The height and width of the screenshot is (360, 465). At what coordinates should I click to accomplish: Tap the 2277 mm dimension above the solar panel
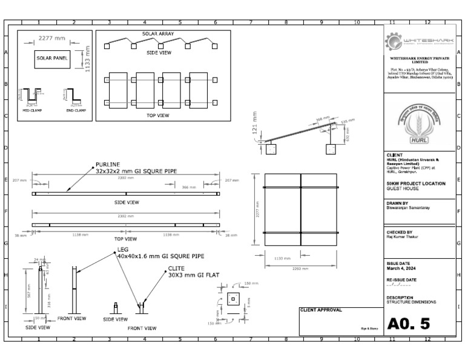tap(51, 38)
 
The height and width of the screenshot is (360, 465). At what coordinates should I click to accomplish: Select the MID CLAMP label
tap(33, 110)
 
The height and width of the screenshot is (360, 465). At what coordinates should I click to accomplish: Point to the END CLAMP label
tap(72, 110)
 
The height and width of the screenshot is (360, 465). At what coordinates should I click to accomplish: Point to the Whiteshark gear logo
tap(394, 42)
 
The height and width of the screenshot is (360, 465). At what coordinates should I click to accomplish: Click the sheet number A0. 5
tap(409, 323)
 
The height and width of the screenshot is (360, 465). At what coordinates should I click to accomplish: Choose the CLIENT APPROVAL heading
tap(321, 310)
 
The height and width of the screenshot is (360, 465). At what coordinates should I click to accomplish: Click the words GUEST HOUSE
tap(402, 188)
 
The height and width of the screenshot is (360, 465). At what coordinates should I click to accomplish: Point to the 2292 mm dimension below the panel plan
tap(300, 267)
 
